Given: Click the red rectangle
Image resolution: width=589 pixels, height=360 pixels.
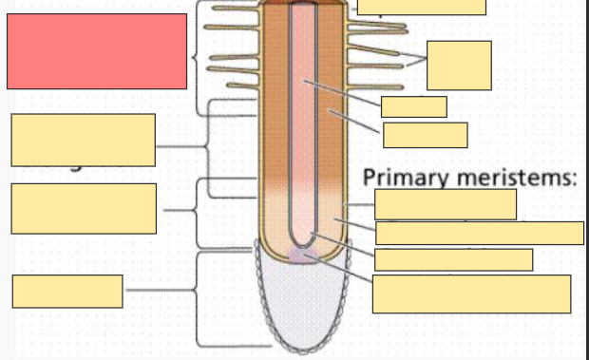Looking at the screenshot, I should click(x=96, y=51).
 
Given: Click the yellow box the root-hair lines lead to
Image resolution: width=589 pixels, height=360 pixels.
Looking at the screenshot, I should click(x=459, y=65).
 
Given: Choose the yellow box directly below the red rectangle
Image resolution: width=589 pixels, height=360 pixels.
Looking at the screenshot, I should click(x=84, y=140).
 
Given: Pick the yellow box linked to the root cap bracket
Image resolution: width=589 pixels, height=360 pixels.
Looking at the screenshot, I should click(x=67, y=291).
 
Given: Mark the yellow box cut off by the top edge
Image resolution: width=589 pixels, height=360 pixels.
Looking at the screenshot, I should click(x=422, y=7).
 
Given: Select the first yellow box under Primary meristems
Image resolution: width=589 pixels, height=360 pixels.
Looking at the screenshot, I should click(x=446, y=204).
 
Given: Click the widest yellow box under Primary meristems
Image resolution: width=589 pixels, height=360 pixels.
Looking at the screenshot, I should click(x=480, y=233).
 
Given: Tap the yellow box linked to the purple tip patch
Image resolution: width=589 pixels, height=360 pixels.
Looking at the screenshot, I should click(x=471, y=294).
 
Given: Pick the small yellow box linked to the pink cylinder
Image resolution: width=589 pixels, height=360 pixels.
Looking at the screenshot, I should click(x=413, y=106).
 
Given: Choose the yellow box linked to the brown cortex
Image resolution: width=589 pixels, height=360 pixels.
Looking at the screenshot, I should click(x=425, y=135).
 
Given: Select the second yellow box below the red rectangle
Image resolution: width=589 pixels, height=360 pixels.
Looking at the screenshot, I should click(x=84, y=208).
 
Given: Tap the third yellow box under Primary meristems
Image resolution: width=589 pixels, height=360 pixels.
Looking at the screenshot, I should click(x=453, y=259).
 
